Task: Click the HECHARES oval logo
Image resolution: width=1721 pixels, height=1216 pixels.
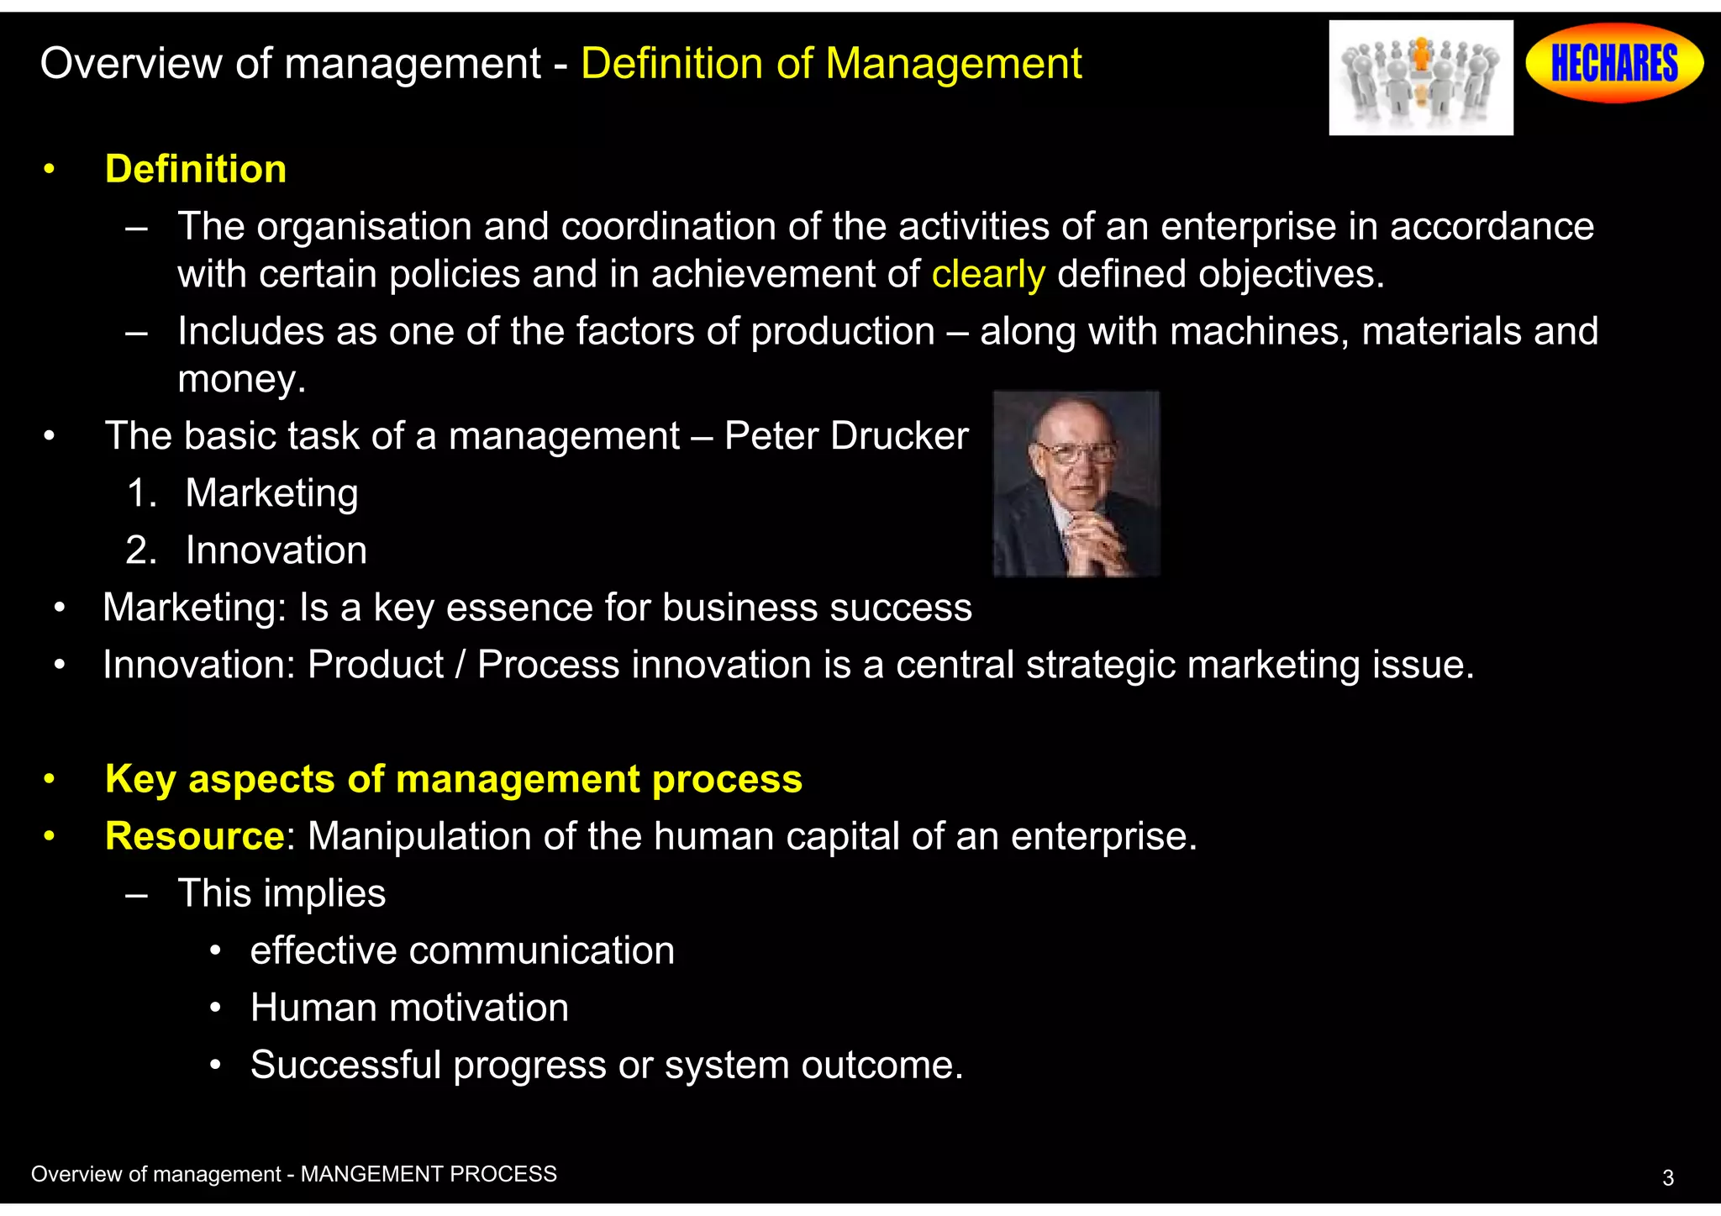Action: tap(1614, 63)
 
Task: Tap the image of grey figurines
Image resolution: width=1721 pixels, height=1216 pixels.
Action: tap(1420, 78)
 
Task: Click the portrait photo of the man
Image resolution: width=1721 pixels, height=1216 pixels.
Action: tap(1076, 484)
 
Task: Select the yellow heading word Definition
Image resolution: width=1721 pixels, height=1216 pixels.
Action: tap(196, 170)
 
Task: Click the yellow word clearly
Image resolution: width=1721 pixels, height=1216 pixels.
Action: tap(988, 275)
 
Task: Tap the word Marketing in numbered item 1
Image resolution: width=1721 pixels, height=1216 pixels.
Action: tap(271, 493)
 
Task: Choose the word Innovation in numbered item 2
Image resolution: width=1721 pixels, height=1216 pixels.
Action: tap(276, 550)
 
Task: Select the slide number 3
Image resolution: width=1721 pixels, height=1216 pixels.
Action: tap(1668, 1178)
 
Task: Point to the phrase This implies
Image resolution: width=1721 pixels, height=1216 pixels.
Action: tap(282, 893)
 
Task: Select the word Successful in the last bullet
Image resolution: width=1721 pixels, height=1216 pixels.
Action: tap(345, 1065)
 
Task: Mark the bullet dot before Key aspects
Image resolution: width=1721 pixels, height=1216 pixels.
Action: tap(50, 780)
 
